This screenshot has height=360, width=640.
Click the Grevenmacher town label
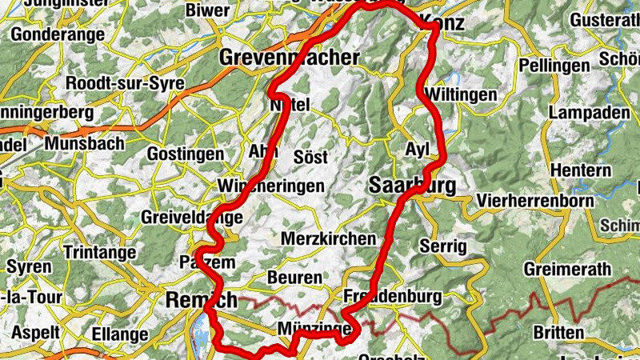coord(289,58)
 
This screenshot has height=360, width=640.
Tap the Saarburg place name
coord(413,186)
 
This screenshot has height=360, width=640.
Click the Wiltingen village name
coord(462,94)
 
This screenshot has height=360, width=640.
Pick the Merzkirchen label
coord(328,238)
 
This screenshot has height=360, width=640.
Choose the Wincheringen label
coord(271,186)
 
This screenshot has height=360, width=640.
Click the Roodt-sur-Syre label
coord(126,83)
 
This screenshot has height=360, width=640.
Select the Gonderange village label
coord(57,34)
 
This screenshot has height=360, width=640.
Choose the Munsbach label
coord(85,143)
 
